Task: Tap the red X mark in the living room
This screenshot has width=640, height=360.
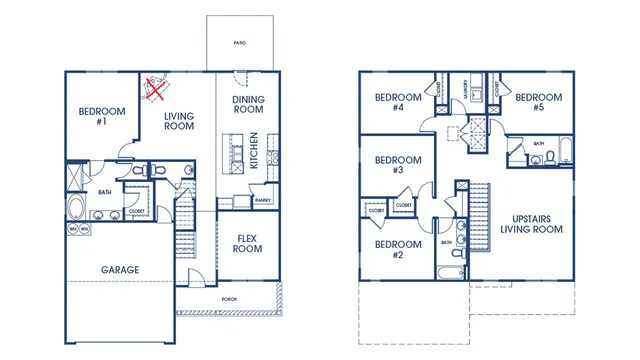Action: pyautogui.click(x=155, y=90)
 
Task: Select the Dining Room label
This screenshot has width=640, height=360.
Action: pyautogui.click(x=249, y=105)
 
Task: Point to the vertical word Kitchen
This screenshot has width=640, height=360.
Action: pyautogui.click(x=256, y=150)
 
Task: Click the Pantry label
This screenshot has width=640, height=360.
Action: pyautogui.click(x=263, y=200)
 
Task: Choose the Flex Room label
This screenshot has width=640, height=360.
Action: pyautogui.click(x=248, y=243)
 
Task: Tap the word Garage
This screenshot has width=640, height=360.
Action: pyautogui.click(x=120, y=269)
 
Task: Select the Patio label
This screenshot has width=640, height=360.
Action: pyautogui.click(x=238, y=44)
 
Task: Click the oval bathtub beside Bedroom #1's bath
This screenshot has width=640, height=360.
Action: pyautogui.click(x=77, y=209)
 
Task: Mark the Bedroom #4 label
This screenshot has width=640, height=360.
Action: pyautogui.click(x=389, y=102)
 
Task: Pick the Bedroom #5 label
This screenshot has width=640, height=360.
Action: pyautogui.click(x=538, y=102)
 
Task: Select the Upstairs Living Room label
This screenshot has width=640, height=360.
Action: pyautogui.click(x=531, y=223)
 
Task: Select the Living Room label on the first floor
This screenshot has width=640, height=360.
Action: pyautogui.click(x=178, y=121)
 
